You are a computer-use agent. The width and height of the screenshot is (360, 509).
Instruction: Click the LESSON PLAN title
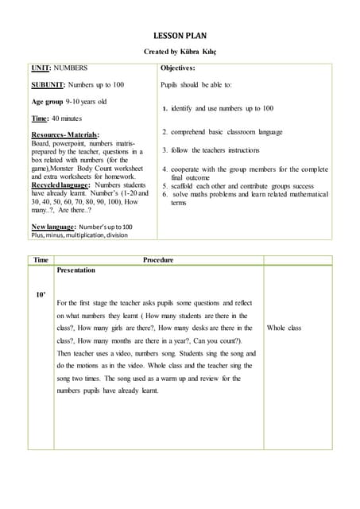click(x=180, y=37)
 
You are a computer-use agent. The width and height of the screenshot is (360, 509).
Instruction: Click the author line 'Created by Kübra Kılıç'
click(x=180, y=52)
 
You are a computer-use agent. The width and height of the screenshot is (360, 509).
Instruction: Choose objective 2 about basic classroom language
click(x=222, y=132)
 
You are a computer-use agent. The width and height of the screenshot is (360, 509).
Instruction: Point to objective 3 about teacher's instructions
click(x=211, y=150)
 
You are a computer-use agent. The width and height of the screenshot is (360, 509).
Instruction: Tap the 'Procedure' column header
click(x=157, y=260)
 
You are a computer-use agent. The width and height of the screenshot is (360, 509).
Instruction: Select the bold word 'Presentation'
click(x=76, y=270)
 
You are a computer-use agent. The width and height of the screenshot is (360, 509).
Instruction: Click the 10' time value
click(x=41, y=295)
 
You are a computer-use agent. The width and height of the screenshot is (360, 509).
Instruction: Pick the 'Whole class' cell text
click(x=284, y=328)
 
